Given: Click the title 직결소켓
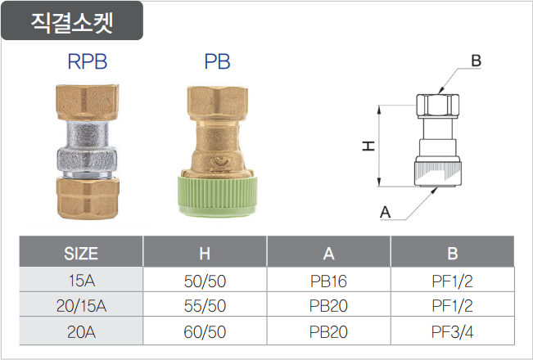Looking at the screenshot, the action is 72,22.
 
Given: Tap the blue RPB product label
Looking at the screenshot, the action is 88,61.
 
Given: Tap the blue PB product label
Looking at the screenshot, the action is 217,61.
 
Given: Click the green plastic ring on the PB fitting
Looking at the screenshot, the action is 218,196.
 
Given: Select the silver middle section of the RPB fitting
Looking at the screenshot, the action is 87,149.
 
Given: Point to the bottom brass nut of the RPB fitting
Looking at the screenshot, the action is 88,198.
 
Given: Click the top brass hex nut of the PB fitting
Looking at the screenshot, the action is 218,103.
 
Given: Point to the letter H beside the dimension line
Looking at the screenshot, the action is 368,146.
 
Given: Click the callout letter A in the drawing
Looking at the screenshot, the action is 385,212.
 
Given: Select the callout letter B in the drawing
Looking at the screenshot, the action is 476,61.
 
